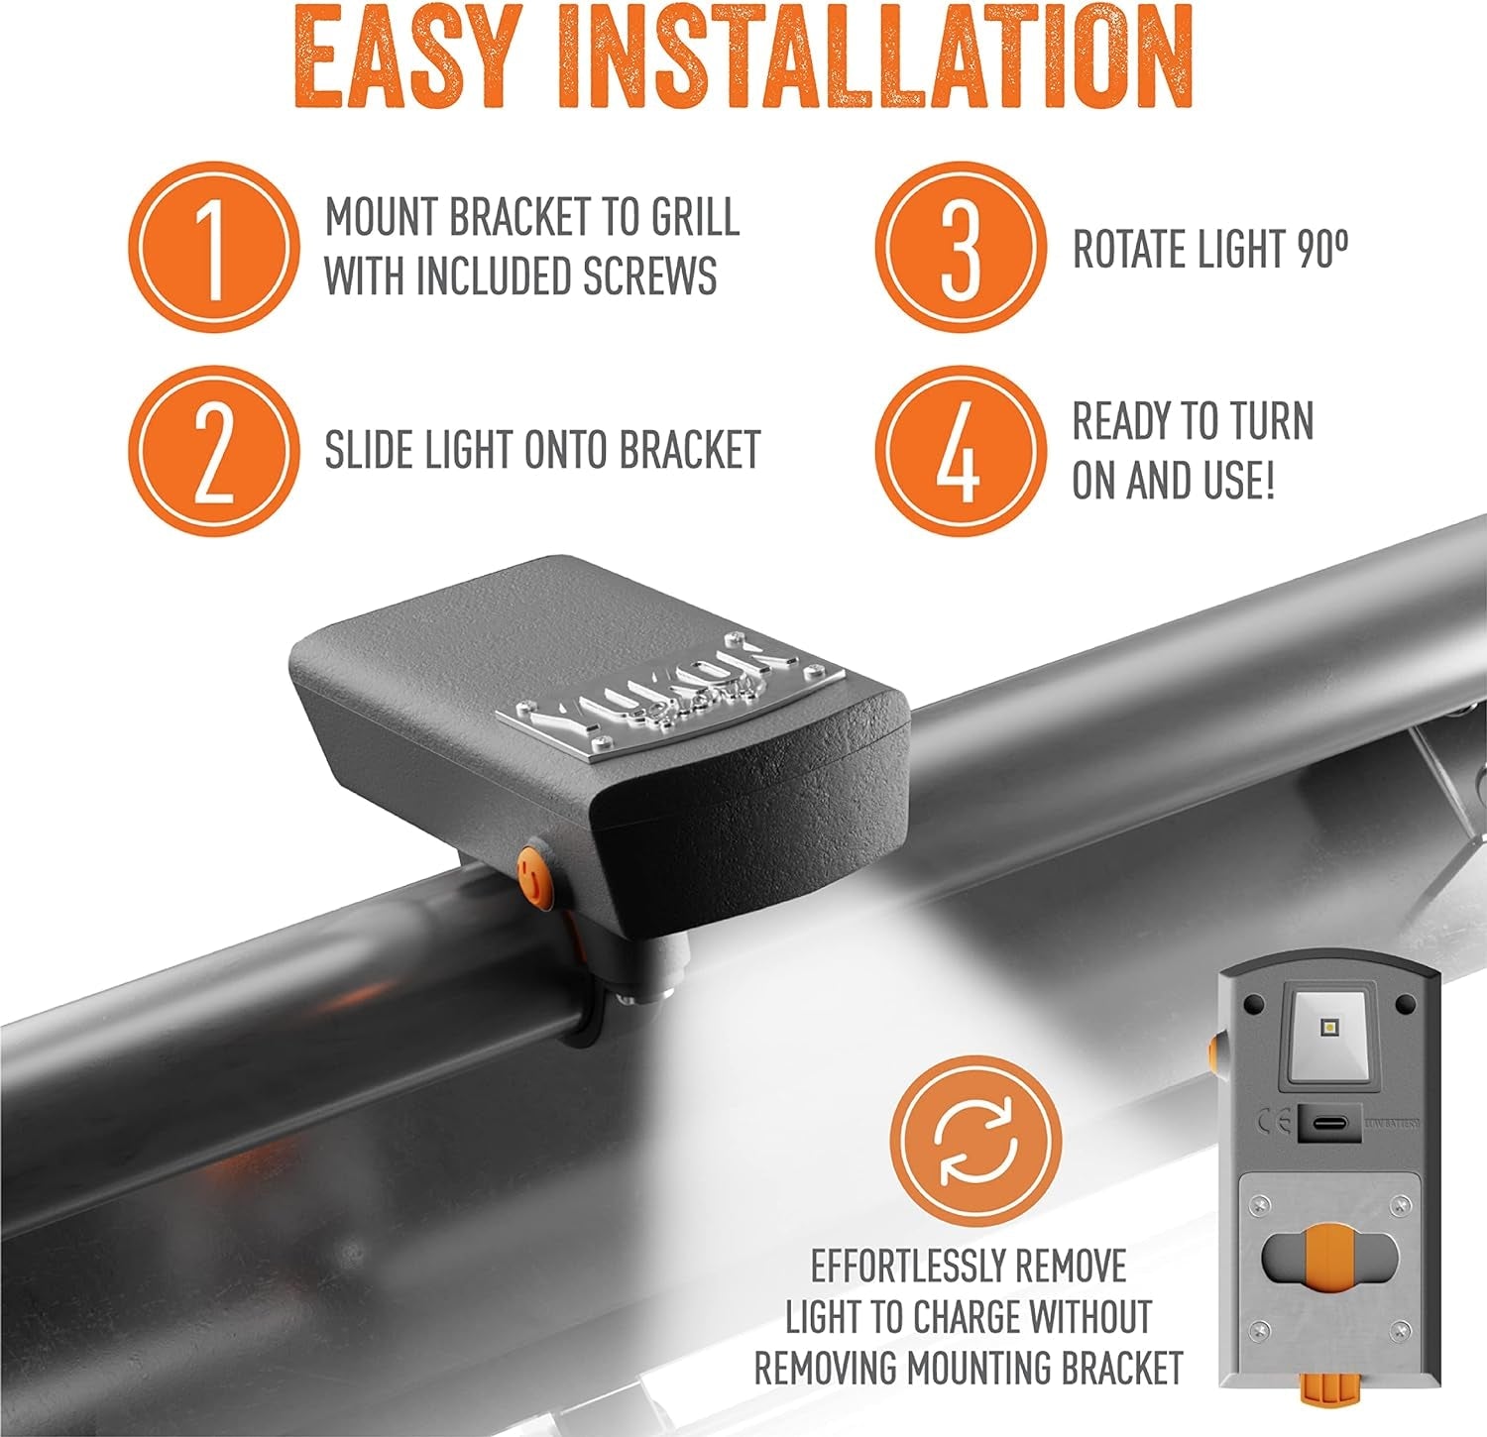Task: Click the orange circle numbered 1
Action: tap(214, 247)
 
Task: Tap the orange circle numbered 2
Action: tap(214, 451)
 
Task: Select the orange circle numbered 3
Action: tap(960, 247)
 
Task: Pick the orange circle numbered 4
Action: tap(960, 451)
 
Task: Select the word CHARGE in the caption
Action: tap(968, 1317)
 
